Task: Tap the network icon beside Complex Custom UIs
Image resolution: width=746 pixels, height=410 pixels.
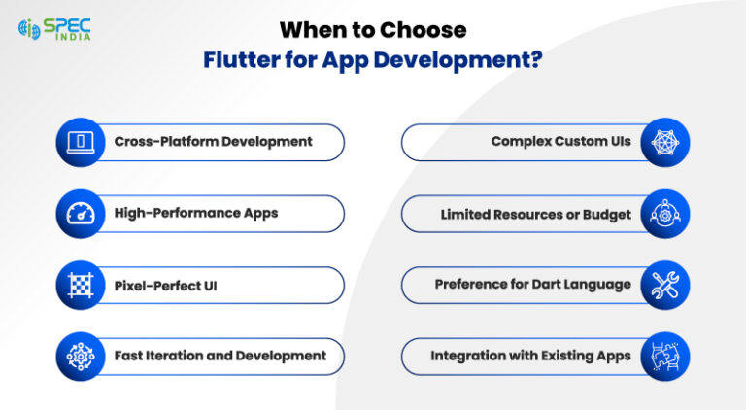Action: [x=665, y=142]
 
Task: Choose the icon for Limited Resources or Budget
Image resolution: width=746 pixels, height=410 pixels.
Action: [x=665, y=214]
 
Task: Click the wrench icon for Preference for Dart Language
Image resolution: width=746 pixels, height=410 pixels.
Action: [x=665, y=285]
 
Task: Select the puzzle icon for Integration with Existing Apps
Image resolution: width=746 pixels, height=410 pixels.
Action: [x=665, y=356]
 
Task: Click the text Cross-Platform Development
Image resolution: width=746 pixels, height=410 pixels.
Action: [x=213, y=142]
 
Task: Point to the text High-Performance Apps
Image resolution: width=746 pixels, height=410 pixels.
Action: [x=195, y=214]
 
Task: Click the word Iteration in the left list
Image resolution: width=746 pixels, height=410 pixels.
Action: [x=182, y=356]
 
